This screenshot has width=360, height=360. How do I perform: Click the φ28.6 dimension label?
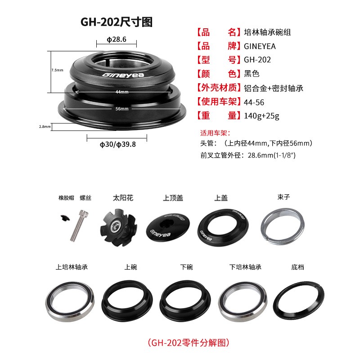pyautogui.click(x=117, y=40)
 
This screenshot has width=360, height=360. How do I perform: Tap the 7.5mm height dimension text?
pyautogui.click(x=58, y=70)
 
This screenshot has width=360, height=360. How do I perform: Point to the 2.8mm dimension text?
pyautogui.click(x=45, y=126)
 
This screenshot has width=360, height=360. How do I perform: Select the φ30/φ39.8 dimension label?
pyautogui.click(x=117, y=144)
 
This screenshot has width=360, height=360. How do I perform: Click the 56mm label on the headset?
pyautogui.click(x=122, y=108)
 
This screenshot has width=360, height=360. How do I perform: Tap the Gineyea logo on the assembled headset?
pyautogui.click(x=123, y=75)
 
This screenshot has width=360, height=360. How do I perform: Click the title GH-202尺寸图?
pyautogui.click(x=117, y=22)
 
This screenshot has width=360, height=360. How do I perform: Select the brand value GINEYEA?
pyautogui.click(x=260, y=46)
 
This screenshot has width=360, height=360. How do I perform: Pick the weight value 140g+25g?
pyautogui.click(x=261, y=116)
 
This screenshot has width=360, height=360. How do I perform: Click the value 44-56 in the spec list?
pyautogui.click(x=254, y=102)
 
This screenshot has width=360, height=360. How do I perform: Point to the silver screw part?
pyautogui.click(x=79, y=225)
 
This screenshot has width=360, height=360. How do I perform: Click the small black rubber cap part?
pyautogui.click(x=65, y=218)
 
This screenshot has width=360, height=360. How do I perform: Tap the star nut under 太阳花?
pyautogui.click(x=118, y=227)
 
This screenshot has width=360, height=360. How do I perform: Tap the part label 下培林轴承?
pyautogui.click(x=245, y=267)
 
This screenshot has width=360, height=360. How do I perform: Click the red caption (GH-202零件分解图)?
pyautogui.click(x=189, y=342)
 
